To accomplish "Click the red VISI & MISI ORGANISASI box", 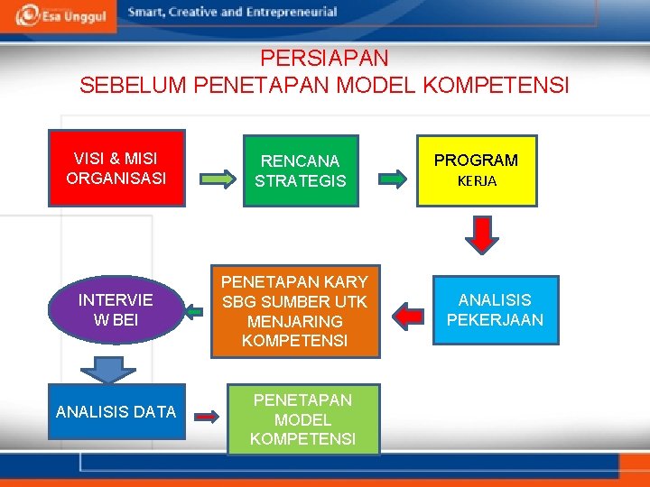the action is (x=116, y=169).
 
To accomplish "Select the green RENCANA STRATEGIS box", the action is (x=300, y=170).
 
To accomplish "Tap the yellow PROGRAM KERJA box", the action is (x=476, y=170).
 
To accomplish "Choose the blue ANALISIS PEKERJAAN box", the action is (x=495, y=309).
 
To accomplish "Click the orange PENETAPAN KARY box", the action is (x=295, y=310).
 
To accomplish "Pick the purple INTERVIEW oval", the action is (x=116, y=309).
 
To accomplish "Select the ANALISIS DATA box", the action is (x=115, y=412).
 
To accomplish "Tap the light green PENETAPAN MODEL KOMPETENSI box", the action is (x=302, y=419).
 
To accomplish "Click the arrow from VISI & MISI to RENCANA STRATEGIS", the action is (x=213, y=179).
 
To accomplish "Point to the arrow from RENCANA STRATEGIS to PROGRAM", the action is (x=394, y=179).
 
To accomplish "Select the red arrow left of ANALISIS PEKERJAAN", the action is (x=411, y=315).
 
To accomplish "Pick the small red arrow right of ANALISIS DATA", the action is (x=208, y=417).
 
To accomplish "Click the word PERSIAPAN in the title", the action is (x=324, y=59).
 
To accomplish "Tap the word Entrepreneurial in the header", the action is (x=289, y=13).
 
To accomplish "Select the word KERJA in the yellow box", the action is (x=477, y=181).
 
